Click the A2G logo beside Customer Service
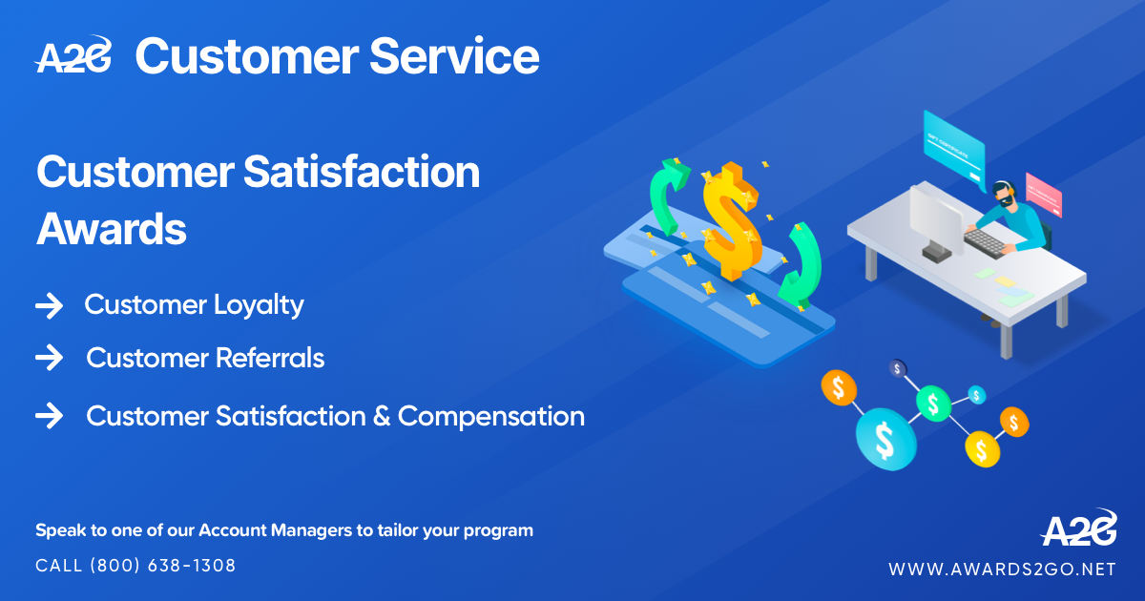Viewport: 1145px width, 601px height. (x=73, y=56)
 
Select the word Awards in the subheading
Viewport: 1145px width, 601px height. (x=111, y=229)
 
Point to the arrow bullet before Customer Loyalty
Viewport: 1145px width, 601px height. (x=49, y=305)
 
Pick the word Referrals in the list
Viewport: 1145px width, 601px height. (x=270, y=359)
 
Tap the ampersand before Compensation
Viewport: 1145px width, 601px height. (x=382, y=417)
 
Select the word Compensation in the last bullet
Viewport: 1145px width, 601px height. (x=491, y=417)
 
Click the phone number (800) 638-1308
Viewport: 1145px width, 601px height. (x=162, y=566)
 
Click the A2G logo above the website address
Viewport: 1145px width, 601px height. (x=1078, y=528)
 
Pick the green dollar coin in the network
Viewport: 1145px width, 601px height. (x=932, y=404)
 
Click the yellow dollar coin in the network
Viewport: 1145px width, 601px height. (x=982, y=447)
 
